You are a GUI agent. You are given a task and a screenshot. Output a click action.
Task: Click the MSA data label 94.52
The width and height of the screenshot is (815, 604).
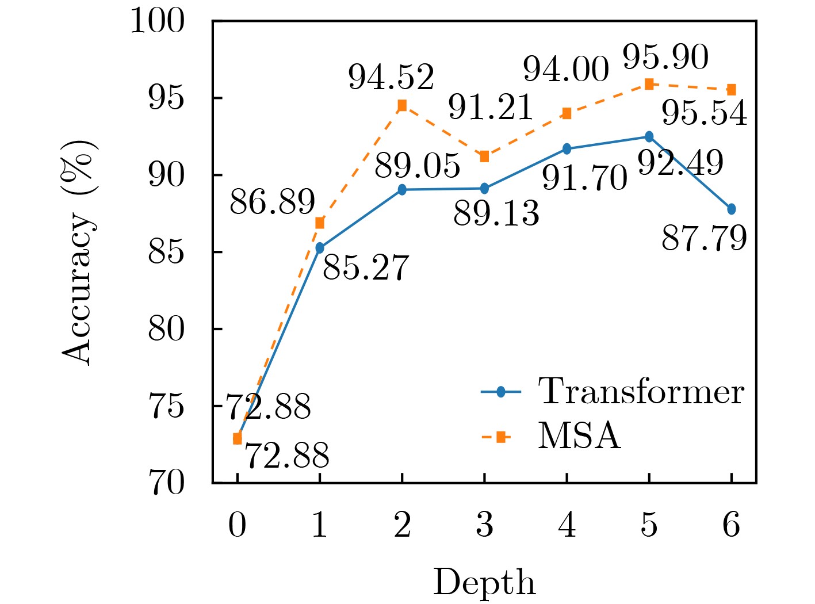click(x=391, y=78)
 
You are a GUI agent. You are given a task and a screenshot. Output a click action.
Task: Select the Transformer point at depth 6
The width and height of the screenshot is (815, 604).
click(x=731, y=209)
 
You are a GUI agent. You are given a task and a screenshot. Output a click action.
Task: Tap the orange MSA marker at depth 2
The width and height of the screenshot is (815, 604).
click(x=402, y=105)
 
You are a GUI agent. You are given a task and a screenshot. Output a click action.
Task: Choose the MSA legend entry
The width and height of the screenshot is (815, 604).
click(x=579, y=437)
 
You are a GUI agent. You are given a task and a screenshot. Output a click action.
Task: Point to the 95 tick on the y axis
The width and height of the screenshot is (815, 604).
click(x=166, y=98)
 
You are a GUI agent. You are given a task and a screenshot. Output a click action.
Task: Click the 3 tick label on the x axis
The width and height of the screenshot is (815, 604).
click(x=484, y=525)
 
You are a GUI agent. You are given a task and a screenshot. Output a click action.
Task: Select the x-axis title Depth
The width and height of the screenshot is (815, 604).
click(x=484, y=583)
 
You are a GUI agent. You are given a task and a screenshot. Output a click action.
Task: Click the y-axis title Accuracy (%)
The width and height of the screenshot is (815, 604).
click(x=78, y=252)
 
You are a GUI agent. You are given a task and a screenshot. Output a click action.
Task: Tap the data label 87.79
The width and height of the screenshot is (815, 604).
click(x=704, y=238)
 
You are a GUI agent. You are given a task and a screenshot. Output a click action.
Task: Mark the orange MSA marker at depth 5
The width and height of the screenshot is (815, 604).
click(x=649, y=84)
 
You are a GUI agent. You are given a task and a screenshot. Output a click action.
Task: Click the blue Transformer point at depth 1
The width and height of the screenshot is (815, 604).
click(x=320, y=248)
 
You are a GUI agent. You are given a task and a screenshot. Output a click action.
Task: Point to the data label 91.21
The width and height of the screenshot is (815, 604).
click(x=491, y=108)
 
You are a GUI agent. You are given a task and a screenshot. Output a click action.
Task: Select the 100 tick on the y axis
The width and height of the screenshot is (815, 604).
click(x=158, y=22)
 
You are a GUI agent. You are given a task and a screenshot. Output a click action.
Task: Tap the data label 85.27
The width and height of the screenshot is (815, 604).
click(x=366, y=267)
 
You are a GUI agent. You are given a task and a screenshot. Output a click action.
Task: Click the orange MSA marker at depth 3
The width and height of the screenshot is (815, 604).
click(x=484, y=156)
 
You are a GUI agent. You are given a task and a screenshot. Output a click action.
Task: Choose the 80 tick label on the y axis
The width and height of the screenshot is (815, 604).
click(x=166, y=329)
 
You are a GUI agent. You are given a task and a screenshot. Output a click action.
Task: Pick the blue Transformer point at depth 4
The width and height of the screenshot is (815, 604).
click(x=567, y=148)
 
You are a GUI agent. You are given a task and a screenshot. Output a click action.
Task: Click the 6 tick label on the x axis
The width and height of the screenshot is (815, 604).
click(x=731, y=525)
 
